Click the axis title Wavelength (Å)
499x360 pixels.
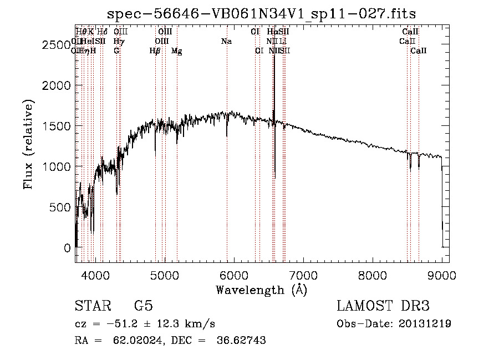[x=261, y=290]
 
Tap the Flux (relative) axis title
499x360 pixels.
[x=28, y=144]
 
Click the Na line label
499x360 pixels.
[x=226, y=42]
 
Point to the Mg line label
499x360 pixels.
[x=177, y=51]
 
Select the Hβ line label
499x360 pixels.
[x=155, y=51]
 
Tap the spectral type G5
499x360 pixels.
[x=143, y=306]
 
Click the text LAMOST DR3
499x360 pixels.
[x=383, y=306]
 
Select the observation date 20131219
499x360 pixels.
[x=425, y=324]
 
